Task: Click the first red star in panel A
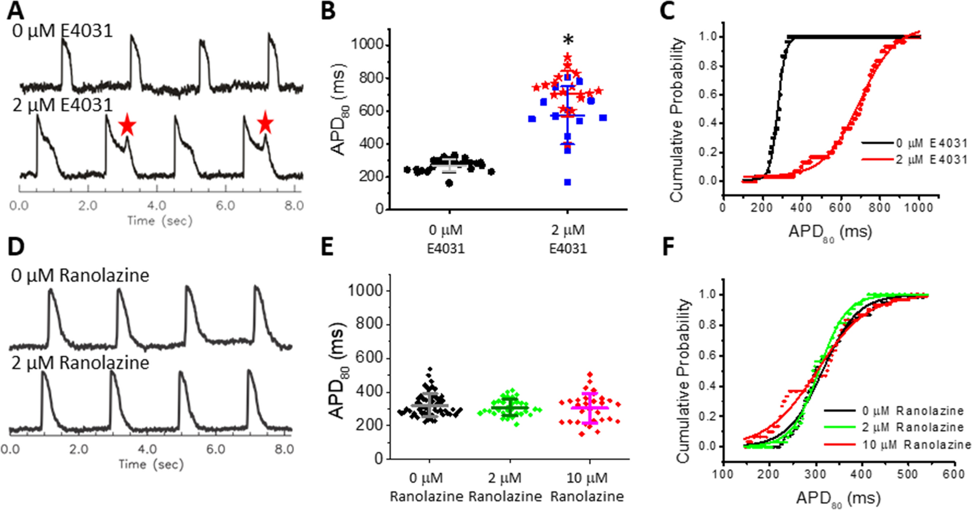tap(127, 125)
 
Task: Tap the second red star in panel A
tap(265, 123)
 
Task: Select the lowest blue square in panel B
tap(568, 182)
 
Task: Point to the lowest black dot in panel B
tap(449, 183)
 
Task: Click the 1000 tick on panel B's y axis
tap(367, 45)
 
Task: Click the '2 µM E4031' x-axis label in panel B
tap(568, 239)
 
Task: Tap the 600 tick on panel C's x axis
tap(839, 207)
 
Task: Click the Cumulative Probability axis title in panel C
tap(676, 119)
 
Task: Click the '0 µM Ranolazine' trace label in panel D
tap(80, 275)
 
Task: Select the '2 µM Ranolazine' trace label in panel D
tap(80, 363)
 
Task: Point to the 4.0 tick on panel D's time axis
tap(147, 449)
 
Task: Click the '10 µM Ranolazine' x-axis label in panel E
tap(587, 487)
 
